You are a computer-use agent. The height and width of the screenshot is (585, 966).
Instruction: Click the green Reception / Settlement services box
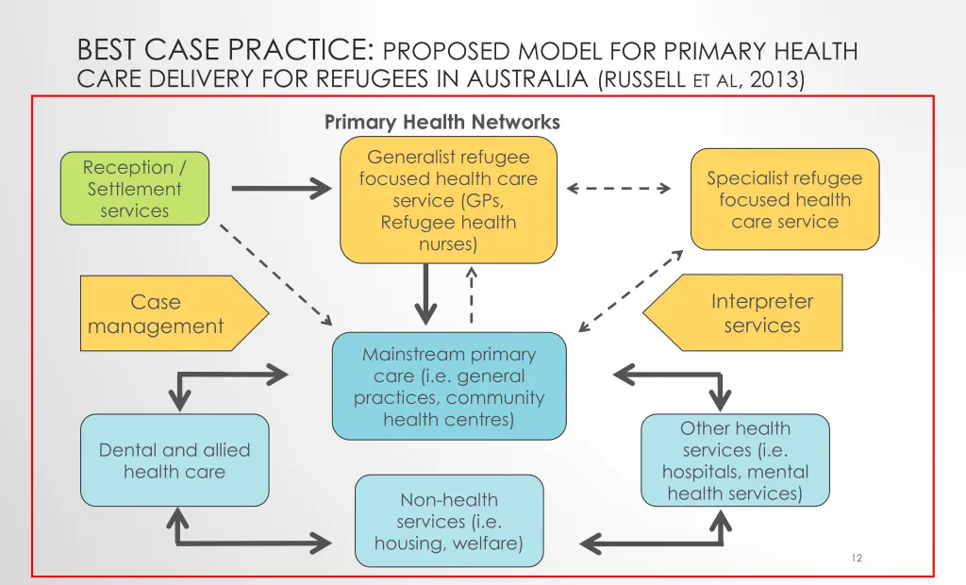point(135,188)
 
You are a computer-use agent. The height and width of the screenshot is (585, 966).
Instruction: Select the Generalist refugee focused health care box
point(448,200)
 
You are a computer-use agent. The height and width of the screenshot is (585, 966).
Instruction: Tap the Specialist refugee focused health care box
point(785,199)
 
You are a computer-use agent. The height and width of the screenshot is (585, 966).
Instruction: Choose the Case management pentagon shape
point(175,313)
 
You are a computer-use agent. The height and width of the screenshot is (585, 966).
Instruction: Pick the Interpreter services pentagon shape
point(742,312)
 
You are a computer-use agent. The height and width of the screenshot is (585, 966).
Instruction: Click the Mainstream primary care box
point(449,386)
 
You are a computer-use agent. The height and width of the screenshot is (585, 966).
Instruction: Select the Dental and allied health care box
point(175,460)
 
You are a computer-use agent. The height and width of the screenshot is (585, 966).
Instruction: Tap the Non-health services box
point(449,521)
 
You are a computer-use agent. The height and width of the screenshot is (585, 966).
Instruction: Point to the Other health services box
point(735,460)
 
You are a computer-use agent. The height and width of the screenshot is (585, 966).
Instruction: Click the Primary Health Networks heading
point(441,122)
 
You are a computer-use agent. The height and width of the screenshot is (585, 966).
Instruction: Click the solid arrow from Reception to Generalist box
point(281,188)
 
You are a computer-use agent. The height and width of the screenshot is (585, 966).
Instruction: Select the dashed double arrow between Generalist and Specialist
point(619,188)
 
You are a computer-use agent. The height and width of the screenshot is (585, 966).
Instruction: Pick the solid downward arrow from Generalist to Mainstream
point(425,294)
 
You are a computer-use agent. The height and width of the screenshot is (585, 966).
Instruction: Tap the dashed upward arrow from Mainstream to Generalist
point(472,294)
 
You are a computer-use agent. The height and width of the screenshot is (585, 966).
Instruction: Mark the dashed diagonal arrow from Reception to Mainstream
point(276,275)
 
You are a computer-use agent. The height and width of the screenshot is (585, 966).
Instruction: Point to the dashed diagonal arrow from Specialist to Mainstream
point(631,291)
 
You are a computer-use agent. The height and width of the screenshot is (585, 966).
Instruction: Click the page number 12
point(857,558)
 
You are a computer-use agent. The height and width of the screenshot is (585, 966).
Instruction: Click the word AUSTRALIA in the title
point(527,79)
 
